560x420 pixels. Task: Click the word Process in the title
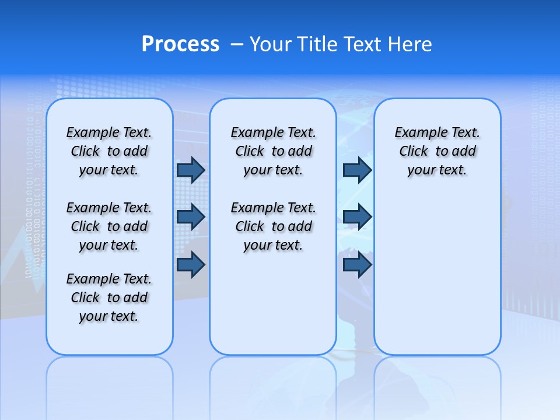pyautogui.click(x=180, y=44)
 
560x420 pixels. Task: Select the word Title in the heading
pyautogui.click(x=317, y=44)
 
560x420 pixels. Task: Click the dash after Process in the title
pyautogui.click(x=237, y=45)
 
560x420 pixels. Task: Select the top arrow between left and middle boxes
pyautogui.click(x=191, y=170)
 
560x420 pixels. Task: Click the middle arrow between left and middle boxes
pyautogui.click(x=191, y=217)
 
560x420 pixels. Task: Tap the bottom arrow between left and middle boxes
pyautogui.click(x=191, y=265)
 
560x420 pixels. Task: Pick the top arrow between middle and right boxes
pyautogui.click(x=357, y=170)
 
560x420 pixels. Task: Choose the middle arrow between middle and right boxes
pyautogui.click(x=357, y=217)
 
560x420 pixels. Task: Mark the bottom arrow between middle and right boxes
pyautogui.click(x=357, y=265)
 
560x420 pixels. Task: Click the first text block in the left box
pyautogui.click(x=109, y=151)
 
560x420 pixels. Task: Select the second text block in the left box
pyautogui.click(x=109, y=226)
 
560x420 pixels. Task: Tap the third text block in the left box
pyautogui.click(x=109, y=297)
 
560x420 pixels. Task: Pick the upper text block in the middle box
pyautogui.click(x=274, y=151)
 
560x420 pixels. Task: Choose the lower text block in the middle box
pyautogui.click(x=274, y=226)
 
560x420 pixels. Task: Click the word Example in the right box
pyautogui.click(x=417, y=132)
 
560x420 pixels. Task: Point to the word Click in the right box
pyautogui.click(x=414, y=151)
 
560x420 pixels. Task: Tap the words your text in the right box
pyautogui.click(x=437, y=170)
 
